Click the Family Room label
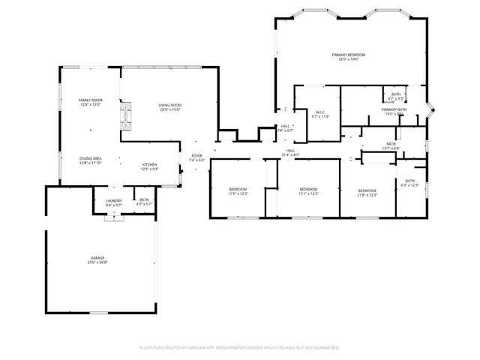91,102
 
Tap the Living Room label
169,106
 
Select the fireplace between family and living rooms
126,115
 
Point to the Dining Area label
91,160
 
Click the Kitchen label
150,166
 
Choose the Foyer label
196,158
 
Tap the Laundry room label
114,202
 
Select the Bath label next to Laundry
144,202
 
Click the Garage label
98,259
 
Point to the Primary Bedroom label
349,57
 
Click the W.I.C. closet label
320,114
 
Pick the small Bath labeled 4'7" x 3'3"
396,96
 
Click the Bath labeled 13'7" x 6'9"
391,145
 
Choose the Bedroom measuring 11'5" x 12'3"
238,191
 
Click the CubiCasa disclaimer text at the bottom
240,348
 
